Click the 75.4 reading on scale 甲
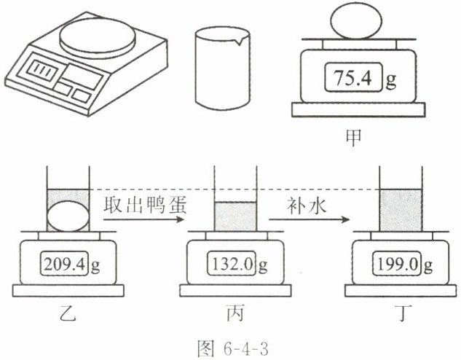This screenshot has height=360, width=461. pyautogui.click(x=352, y=78)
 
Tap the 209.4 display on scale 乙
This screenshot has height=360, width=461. pyautogui.click(x=64, y=264)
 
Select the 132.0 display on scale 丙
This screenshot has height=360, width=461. pyautogui.click(x=232, y=264)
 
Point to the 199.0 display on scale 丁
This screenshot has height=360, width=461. pyautogui.click(x=397, y=264)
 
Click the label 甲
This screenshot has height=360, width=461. pyautogui.click(x=353, y=138)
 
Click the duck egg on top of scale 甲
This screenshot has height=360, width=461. pyautogui.click(x=356, y=22)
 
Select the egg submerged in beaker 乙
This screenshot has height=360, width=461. pyautogui.click(x=68, y=217)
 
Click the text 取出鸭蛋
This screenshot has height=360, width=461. pyautogui.click(x=145, y=205)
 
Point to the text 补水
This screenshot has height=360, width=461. pyautogui.click(x=307, y=205)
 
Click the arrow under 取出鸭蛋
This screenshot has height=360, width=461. pyautogui.click(x=143, y=219)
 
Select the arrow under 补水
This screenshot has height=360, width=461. pyautogui.click(x=310, y=219)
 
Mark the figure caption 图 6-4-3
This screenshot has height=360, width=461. pyautogui.click(x=233, y=349)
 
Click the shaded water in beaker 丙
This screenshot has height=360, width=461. pyautogui.click(x=235, y=216)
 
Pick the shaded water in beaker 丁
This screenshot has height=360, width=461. pyautogui.click(x=401, y=211)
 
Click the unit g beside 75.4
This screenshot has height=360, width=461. pyautogui.click(x=391, y=80)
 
